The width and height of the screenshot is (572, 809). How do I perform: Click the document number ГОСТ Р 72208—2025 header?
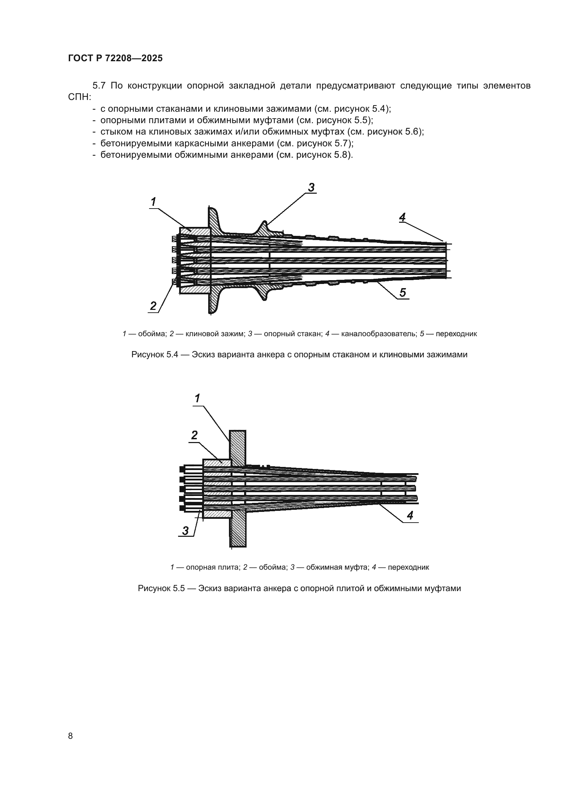point(115,58)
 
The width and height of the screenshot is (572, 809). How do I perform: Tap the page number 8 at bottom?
point(71,736)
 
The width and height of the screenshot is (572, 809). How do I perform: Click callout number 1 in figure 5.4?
point(154,202)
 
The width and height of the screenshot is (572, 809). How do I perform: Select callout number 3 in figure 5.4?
point(311,187)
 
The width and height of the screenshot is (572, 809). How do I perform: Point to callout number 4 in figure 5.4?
point(402,217)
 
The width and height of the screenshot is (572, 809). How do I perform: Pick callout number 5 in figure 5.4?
point(403,292)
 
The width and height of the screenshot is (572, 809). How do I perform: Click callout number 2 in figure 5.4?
point(153,306)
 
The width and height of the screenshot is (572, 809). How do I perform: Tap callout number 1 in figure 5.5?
point(197,398)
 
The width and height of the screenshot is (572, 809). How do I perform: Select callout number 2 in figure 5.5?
point(194,435)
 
